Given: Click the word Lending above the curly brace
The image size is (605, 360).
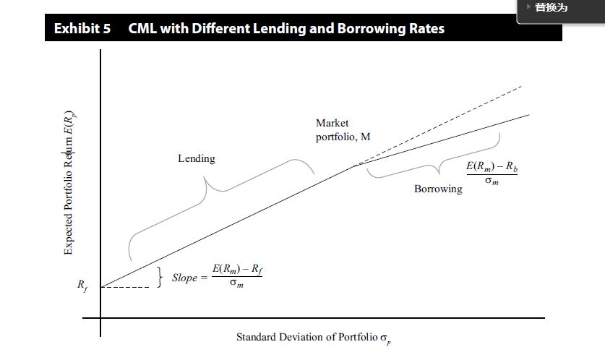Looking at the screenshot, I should [197, 158].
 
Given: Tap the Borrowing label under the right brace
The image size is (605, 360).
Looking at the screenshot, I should [438, 189].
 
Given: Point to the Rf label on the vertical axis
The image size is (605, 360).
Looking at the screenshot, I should [82, 284].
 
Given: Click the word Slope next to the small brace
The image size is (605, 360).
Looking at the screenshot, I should [184, 278].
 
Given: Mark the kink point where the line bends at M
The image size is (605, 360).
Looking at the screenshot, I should [354, 166].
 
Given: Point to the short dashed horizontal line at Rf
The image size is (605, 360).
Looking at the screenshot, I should [130, 287].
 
